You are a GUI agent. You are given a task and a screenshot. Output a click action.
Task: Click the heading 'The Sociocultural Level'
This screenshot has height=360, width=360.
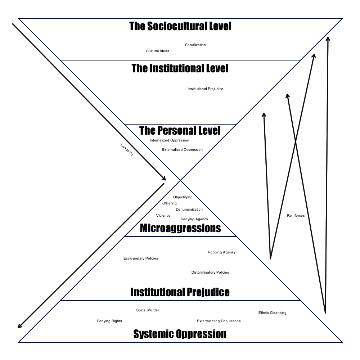pos(180,26)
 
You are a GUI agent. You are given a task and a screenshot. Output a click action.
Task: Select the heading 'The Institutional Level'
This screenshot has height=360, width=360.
pos(180,68)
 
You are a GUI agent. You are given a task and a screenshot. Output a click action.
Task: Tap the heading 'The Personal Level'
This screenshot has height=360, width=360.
pos(180,130)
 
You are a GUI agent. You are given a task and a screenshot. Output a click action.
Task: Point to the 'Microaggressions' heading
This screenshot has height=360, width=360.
pos(180,228)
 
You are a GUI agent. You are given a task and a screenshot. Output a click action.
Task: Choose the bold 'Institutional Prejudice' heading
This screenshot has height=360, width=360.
pos(180,292)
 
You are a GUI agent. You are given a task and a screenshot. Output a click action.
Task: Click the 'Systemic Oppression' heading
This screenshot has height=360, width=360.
pos(180,334)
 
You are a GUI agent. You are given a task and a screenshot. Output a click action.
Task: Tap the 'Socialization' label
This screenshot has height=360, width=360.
pos(195,45)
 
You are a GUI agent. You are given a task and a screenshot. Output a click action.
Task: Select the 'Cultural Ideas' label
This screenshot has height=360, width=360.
pos(157,51)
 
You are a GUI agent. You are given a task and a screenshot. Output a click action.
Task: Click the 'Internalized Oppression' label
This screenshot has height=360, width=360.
pos(169,140)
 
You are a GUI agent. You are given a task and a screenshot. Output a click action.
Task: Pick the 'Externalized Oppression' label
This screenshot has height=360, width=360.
pos(182,150)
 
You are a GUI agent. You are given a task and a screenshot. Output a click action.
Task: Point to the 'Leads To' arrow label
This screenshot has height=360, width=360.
pos(127,150)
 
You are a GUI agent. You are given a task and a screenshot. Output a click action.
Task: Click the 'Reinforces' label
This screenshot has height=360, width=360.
pos(296,216)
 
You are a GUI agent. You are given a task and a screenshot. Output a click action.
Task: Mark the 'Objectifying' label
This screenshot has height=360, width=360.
pos(183,197)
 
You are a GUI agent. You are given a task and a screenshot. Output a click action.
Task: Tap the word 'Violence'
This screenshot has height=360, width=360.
pos(163,216)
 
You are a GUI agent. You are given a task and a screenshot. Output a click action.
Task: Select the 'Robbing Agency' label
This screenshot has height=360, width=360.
pos(221,252)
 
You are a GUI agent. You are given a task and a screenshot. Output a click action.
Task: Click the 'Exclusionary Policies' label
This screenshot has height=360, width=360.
pos(140,258)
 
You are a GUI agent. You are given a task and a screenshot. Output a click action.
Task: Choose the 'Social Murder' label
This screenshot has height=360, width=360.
pos(147,310)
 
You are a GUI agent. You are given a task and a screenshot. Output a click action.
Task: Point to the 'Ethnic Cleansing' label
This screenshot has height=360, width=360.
pos(272,313)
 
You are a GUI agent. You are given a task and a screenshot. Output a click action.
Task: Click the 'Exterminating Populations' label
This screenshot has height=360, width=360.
pos(219,321)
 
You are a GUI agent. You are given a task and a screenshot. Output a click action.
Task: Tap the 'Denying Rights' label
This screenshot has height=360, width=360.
pos(109,321)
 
